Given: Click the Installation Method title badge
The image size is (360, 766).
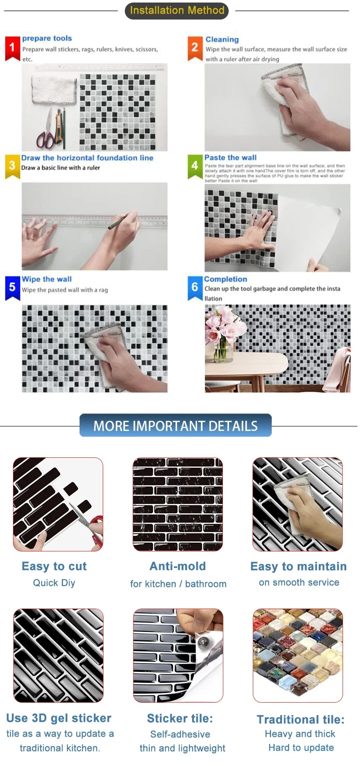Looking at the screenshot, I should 177,10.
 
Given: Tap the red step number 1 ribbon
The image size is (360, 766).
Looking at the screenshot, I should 12,48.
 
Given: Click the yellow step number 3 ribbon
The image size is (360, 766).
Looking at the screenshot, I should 12,166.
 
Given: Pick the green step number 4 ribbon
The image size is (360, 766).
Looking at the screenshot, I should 195,166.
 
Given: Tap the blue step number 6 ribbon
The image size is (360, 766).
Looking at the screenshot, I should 195,288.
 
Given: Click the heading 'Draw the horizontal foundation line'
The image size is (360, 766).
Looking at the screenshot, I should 87,158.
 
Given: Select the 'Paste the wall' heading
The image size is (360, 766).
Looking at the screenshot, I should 230,157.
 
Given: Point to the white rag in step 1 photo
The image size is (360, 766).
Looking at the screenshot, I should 54,89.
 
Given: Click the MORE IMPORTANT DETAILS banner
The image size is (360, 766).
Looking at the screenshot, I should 175,426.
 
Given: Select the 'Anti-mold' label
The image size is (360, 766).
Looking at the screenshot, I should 178,566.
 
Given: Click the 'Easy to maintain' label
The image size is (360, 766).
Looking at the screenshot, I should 298,566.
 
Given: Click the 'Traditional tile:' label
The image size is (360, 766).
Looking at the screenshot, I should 300,719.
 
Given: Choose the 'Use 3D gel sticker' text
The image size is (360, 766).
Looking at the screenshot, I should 59,718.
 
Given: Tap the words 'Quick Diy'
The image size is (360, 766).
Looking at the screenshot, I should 54,583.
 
